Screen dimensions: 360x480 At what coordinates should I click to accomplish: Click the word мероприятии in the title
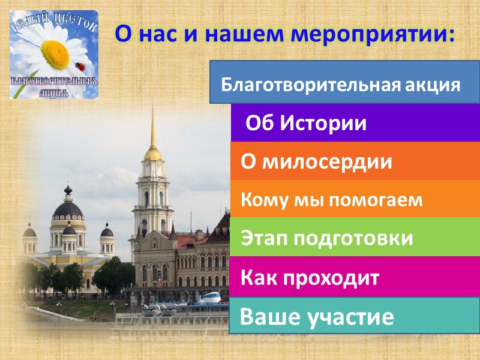pos(373,33)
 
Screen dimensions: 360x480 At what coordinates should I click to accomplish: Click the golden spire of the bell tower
pos(153,129)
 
